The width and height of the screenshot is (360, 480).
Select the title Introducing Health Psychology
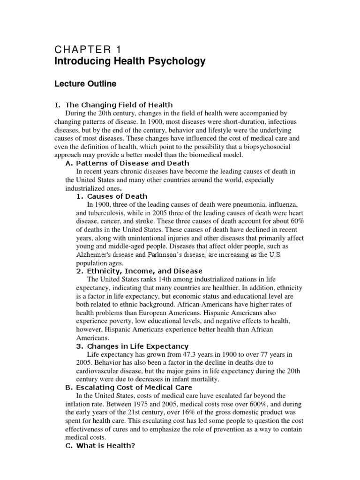(x=130, y=61)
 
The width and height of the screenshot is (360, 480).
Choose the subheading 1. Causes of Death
(x=112, y=196)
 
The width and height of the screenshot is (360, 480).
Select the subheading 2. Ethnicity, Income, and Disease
(x=139, y=271)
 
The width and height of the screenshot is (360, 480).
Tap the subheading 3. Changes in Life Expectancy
(x=132, y=346)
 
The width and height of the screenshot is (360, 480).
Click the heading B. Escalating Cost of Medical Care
(x=128, y=388)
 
